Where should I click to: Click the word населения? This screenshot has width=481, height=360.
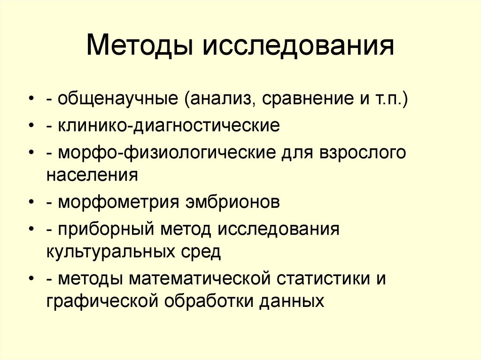point(92,175)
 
